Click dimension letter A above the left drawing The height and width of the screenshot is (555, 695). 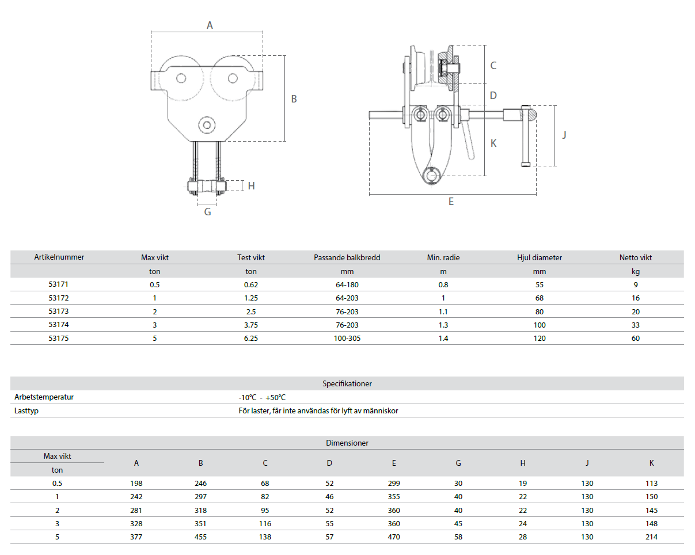click(210, 25)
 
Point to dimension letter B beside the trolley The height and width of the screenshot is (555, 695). click(294, 99)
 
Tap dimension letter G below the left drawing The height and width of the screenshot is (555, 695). click(207, 212)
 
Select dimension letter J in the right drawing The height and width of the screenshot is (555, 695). click(564, 135)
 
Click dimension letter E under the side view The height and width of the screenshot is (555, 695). click(451, 202)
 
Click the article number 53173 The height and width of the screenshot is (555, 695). click(59, 311)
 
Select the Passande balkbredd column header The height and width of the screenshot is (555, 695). click(347, 258)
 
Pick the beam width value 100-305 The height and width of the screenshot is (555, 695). click(347, 339)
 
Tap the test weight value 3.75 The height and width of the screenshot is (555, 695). click(251, 325)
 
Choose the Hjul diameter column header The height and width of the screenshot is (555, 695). click(540, 258)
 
